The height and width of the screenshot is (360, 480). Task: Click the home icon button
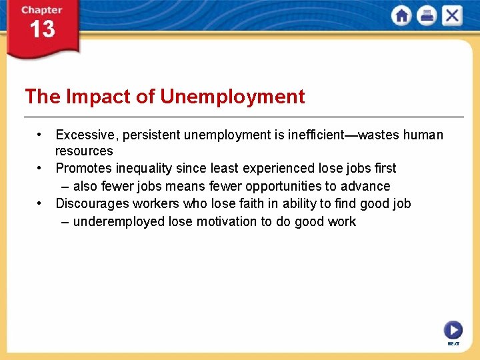point(401,16)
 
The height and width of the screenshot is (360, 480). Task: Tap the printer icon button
point(427,16)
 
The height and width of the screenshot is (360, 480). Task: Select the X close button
point(452,16)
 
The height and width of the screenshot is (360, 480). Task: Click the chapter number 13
point(41,30)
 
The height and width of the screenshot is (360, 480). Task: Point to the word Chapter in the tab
point(41,10)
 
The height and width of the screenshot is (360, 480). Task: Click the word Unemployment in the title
point(233,97)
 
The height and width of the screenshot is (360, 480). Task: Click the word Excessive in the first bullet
point(85,135)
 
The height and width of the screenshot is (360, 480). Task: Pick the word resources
point(84,151)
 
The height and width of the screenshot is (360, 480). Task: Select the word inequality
point(144,169)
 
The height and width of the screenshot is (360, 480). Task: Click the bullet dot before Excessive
point(41,134)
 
